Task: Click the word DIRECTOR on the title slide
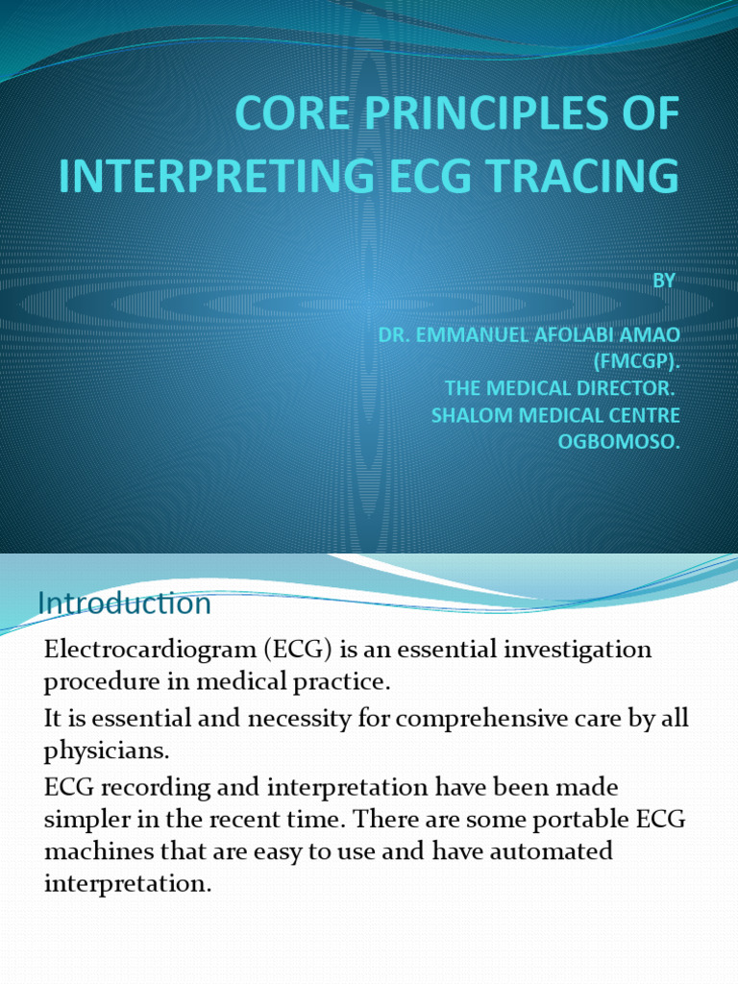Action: click(628, 389)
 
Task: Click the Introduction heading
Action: click(124, 603)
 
